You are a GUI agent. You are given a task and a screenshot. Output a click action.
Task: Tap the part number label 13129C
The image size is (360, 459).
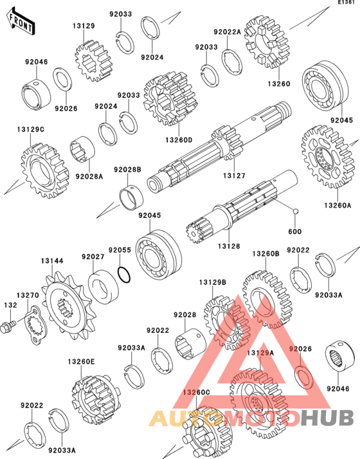[31, 129]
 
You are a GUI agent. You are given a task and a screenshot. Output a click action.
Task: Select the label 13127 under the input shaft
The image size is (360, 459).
[234, 175]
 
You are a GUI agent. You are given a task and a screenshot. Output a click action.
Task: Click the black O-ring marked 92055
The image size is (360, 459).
[124, 275]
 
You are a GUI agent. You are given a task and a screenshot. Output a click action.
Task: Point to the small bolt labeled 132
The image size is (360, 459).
[8, 326]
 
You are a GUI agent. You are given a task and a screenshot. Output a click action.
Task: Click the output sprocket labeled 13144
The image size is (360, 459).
[69, 305]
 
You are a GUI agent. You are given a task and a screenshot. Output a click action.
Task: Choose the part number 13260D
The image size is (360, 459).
[179, 140]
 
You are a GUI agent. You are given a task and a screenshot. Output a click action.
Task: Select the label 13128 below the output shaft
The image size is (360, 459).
[229, 246]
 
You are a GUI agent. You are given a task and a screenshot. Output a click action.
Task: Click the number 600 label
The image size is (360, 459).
[294, 231]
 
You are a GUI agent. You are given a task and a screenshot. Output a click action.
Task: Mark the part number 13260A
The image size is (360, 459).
[337, 205]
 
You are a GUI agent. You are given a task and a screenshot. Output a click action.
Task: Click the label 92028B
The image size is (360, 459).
[128, 170]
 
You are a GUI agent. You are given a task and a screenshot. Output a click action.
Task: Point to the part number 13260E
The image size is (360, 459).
[82, 362]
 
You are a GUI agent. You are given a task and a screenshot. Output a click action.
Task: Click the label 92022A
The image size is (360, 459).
[227, 32]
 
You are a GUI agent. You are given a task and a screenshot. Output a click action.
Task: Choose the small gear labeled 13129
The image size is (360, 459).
[93, 62]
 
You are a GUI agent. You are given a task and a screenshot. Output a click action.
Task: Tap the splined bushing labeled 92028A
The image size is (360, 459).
[82, 148]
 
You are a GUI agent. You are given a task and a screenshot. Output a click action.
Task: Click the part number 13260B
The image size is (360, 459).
[265, 253]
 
